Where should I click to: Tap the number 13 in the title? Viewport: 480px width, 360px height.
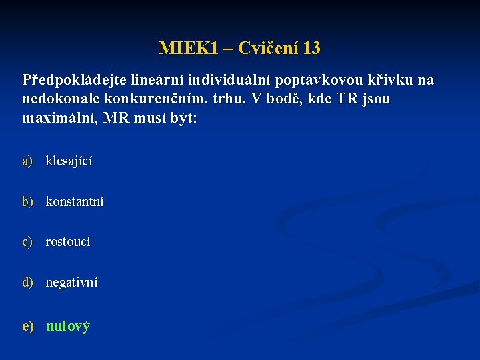(x=311, y=48)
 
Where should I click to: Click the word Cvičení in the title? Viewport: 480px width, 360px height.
(x=268, y=48)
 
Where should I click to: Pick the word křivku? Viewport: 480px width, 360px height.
(x=391, y=81)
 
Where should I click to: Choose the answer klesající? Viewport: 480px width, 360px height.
(x=69, y=161)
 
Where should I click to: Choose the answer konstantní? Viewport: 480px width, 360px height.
(x=75, y=201)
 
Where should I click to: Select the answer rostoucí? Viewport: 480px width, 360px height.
(x=68, y=242)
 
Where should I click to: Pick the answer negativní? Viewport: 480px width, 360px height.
(x=71, y=283)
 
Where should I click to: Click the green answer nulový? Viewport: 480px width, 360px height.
(x=68, y=327)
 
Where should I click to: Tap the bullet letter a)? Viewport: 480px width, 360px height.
(x=27, y=161)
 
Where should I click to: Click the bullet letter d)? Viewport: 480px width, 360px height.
(x=27, y=283)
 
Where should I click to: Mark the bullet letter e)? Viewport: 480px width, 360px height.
(x=28, y=327)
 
